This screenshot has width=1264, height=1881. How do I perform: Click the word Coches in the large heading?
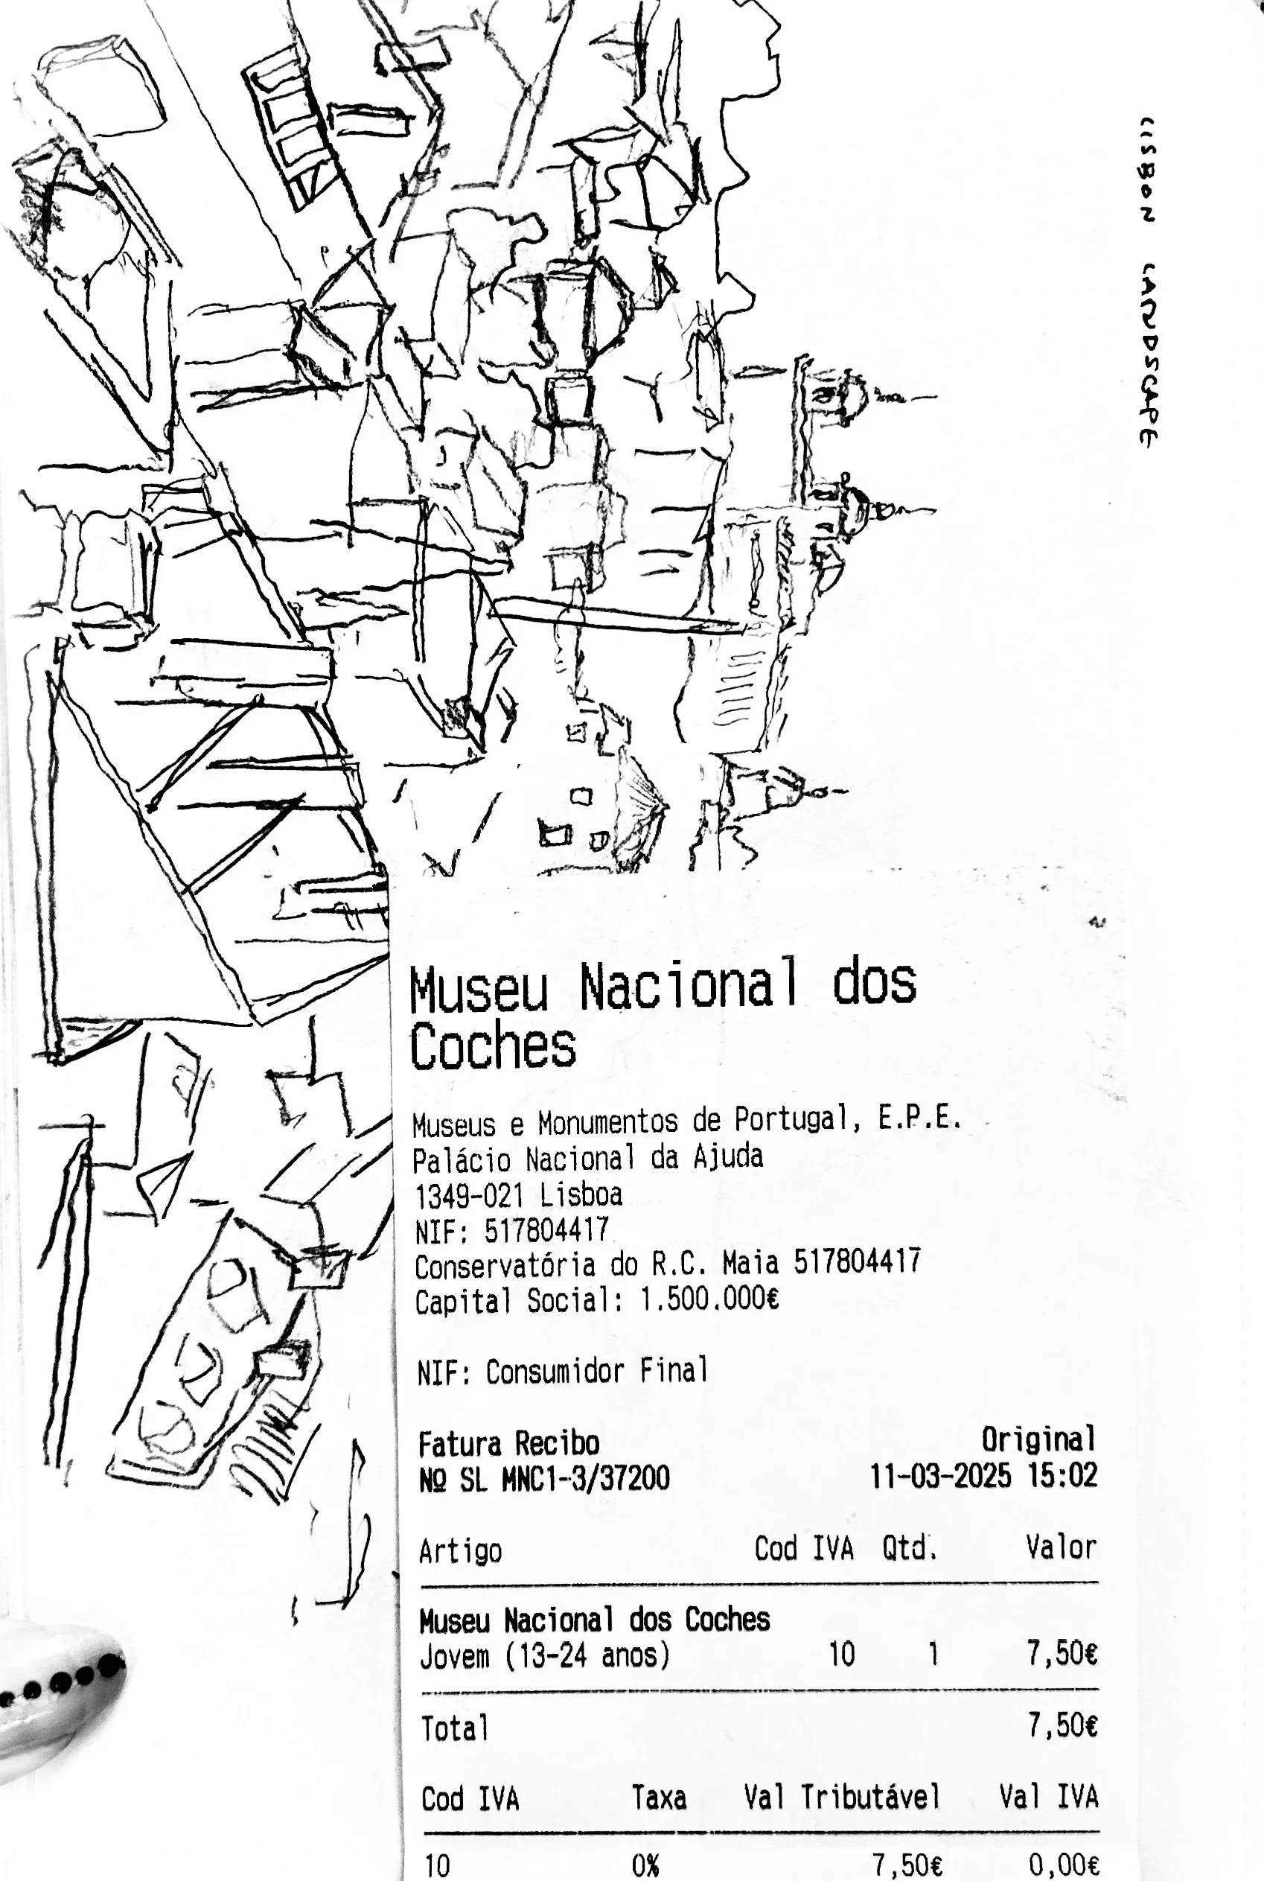[493, 1046]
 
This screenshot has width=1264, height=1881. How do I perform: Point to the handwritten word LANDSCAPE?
[1149, 354]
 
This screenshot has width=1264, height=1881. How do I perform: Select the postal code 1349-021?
[468, 1195]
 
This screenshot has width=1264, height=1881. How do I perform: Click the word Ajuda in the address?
[728, 1157]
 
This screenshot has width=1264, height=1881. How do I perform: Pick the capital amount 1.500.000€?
[709, 1300]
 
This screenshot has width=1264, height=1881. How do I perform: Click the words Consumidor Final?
[596, 1372]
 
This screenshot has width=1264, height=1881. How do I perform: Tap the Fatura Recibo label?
[508, 1443]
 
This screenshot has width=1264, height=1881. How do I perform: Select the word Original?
[1038, 1439]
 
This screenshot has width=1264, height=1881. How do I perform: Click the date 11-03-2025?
[939, 1476]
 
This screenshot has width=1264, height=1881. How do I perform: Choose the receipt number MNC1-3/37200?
[585, 1479]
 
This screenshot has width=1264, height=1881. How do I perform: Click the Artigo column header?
[460, 1551]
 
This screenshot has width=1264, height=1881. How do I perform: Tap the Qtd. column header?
[908, 1548]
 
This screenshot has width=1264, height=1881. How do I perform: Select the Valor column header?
[1061, 1547]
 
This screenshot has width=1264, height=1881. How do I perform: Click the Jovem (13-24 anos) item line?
[545, 1656]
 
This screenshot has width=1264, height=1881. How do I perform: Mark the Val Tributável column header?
[843, 1797]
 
